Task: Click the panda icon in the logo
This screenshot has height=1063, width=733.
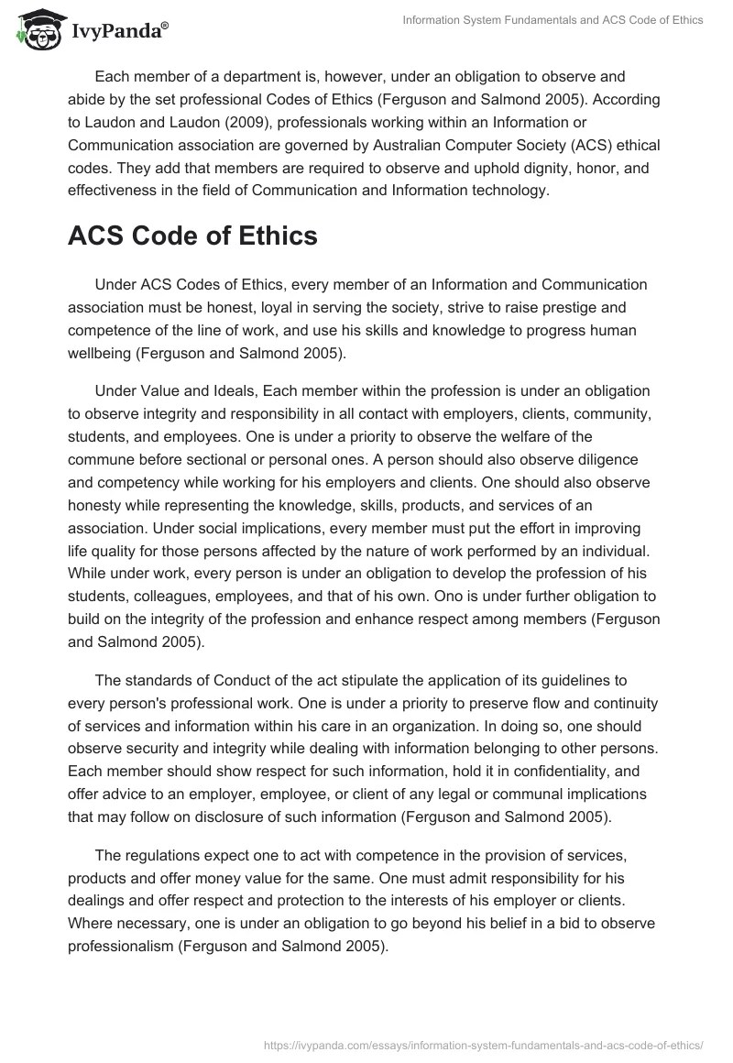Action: [35, 29]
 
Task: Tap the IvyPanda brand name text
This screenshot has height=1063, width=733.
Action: [117, 30]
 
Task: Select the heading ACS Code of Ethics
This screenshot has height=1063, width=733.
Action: [192, 236]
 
